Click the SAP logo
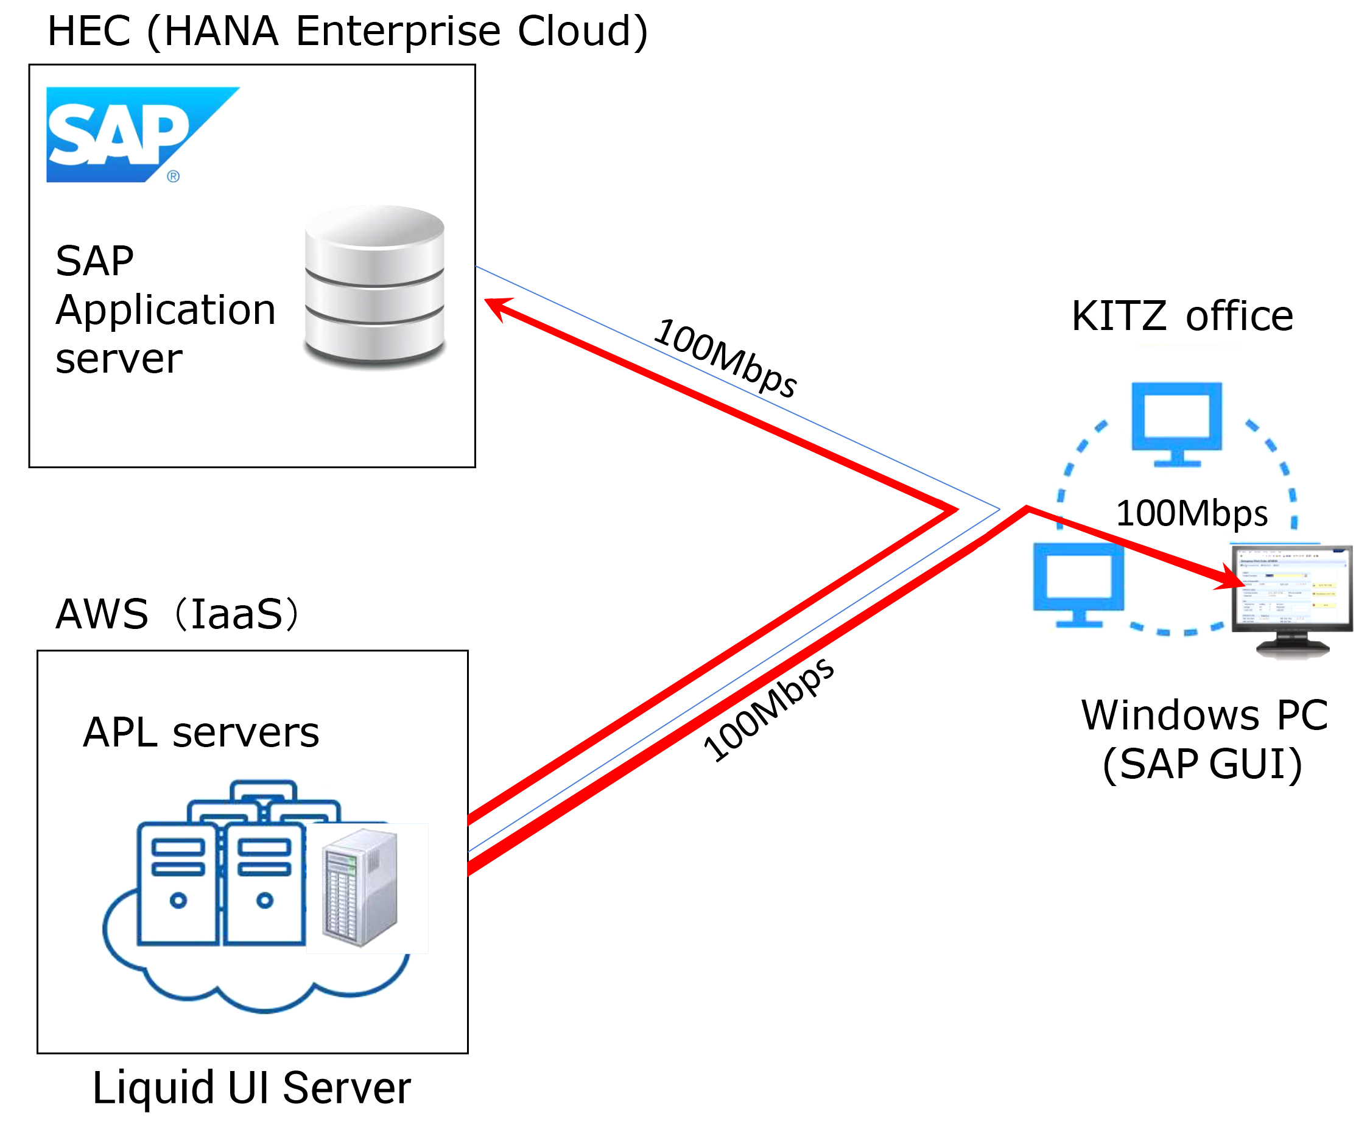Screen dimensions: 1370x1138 143,135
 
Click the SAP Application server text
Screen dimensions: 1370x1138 165,309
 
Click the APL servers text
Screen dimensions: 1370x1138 201,732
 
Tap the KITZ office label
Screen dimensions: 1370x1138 1182,316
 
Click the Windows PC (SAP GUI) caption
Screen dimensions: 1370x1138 1204,739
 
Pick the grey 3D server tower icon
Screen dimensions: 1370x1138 360,887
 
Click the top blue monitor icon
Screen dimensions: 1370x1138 1177,424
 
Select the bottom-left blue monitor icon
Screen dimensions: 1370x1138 1079,585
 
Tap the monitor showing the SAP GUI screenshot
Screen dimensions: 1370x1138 1291,600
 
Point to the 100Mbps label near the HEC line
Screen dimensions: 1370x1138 725,357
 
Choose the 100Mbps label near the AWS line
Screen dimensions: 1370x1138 768,710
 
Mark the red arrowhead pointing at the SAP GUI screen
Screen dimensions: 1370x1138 1230,577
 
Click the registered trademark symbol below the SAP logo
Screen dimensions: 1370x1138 173,176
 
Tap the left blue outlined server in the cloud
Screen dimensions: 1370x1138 178,885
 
